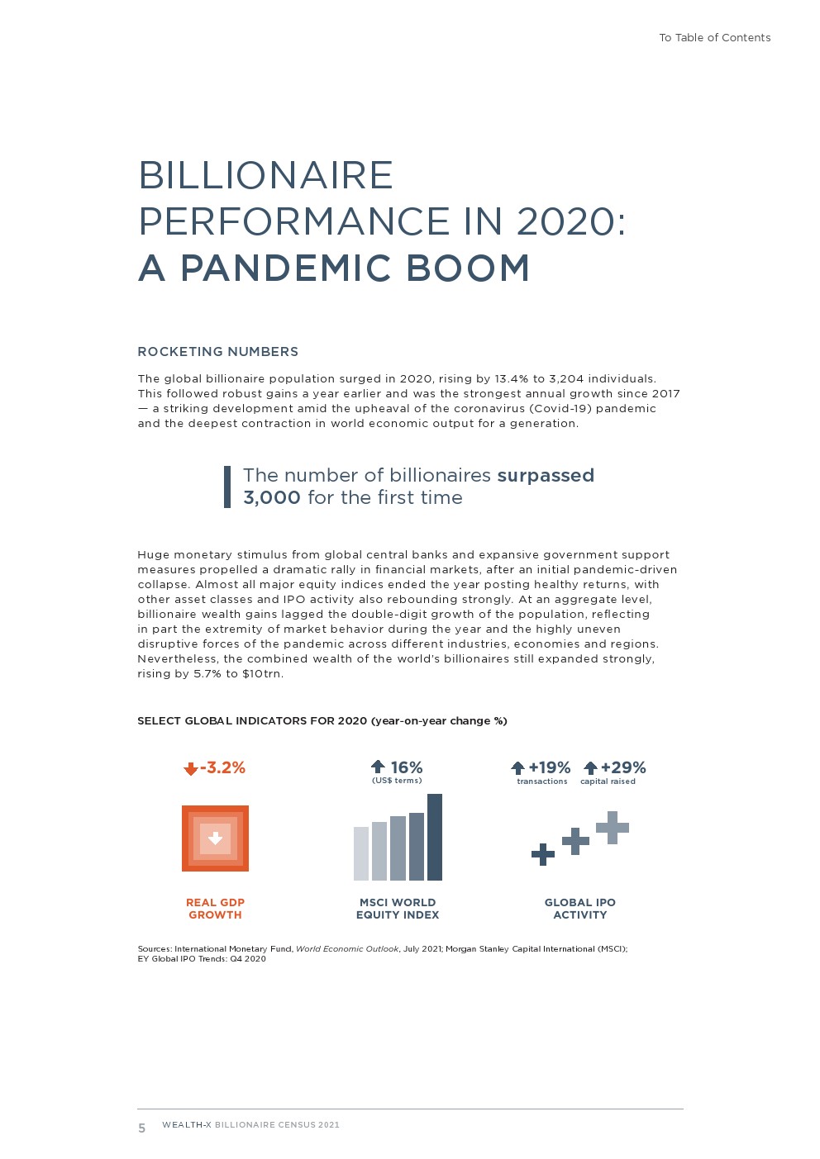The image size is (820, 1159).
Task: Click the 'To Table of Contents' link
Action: pyautogui.click(x=714, y=38)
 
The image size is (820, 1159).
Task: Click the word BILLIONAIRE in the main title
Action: pyautogui.click(x=265, y=176)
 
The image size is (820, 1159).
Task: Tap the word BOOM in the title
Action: pyautogui.click(x=468, y=268)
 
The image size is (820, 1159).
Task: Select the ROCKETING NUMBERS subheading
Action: pyautogui.click(x=217, y=352)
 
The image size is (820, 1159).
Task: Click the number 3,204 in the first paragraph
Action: pyautogui.click(x=566, y=379)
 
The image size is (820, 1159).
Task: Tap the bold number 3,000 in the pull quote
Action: pyautogui.click(x=271, y=498)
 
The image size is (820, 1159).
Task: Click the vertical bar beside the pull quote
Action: pyautogui.click(x=227, y=487)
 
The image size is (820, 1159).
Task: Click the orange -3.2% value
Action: pyautogui.click(x=222, y=768)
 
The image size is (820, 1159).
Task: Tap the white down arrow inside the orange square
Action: pyautogui.click(x=215, y=838)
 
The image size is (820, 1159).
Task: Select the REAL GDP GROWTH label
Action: pyautogui.click(x=215, y=909)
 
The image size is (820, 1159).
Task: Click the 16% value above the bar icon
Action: pyautogui.click(x=406, y=768)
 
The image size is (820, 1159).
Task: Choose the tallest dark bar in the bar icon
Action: pyautogui.click(x=435, y=837)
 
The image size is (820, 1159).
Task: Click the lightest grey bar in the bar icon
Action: pyautogui.click(x=361, y=853)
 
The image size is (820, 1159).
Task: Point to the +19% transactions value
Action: pyautogui.click(x=549, y=768)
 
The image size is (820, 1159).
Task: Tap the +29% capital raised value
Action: pyautogui.click(x=622, y=768)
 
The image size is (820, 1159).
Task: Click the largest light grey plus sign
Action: pyautogui.click(x=613, y=827)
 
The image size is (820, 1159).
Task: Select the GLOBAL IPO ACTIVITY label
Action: pyautogui.click(x=579, y=909)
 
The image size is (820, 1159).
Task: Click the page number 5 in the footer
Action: pyautogui.click(x=142, y=1128)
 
